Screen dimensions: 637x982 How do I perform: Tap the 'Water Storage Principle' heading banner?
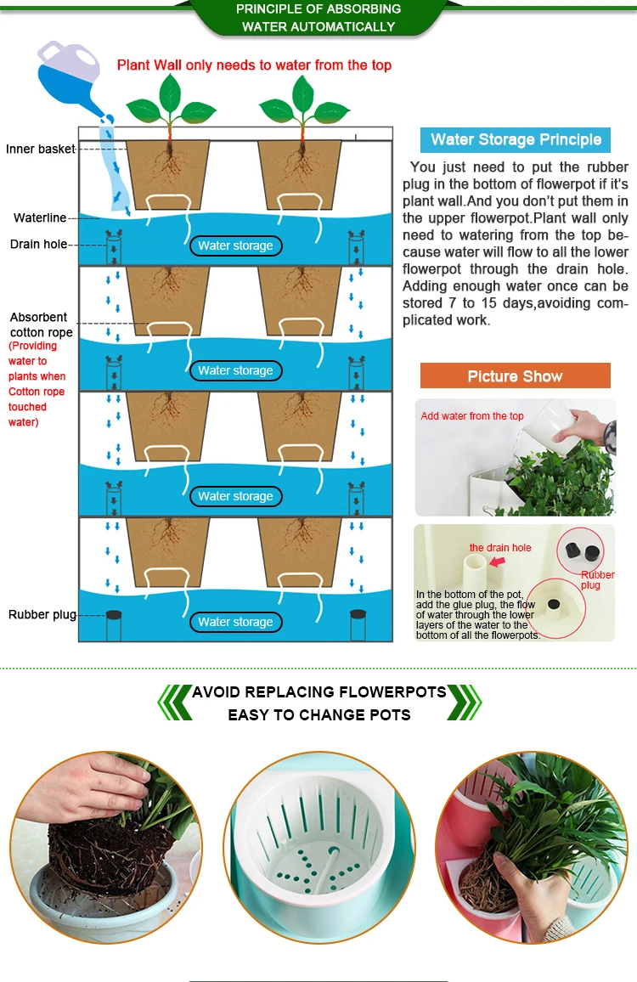(x=516, y=139)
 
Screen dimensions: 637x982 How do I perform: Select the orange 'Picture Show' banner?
(x=515, y=375)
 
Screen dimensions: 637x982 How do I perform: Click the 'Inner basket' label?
(x=40, y=149)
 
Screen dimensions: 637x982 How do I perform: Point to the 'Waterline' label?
(x=39, y=218)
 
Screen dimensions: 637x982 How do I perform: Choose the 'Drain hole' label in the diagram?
(x=38, y=245)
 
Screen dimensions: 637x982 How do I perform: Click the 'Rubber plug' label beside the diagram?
(x=42, y=614)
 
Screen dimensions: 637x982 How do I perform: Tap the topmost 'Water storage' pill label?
(x=235, y=245)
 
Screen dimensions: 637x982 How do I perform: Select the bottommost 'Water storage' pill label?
(x=235, y=622)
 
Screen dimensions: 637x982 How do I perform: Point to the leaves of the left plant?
(x=171, y=103)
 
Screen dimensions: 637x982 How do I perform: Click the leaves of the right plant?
(x=304, y=103)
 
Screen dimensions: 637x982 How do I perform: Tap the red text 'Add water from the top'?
(x=471, y=416)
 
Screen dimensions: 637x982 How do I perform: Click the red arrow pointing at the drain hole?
(x=498, y=562)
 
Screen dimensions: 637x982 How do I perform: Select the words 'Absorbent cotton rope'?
(x=42, y=325)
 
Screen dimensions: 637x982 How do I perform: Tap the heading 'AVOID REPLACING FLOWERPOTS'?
(x=318, y=692)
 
